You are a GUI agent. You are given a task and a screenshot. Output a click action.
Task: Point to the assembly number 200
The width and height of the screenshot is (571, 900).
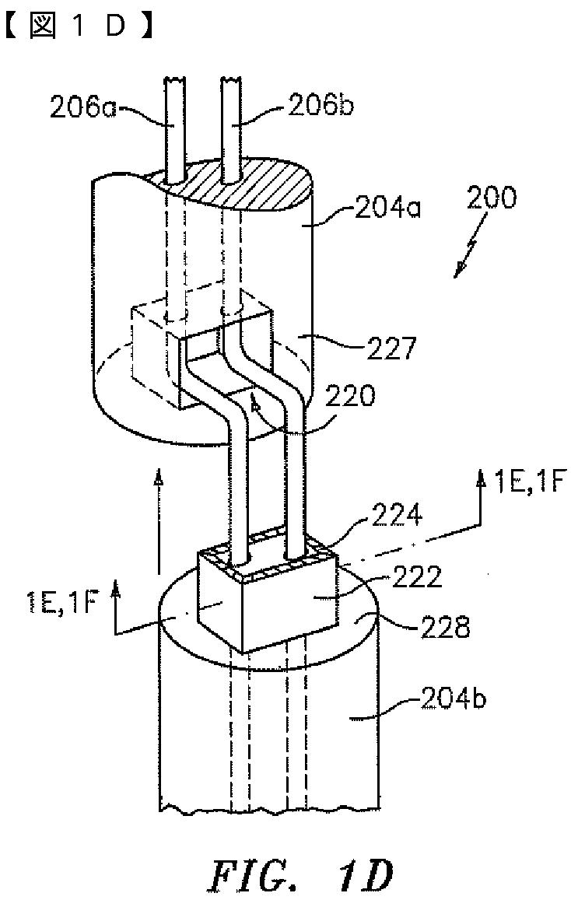click(x=491, y=198)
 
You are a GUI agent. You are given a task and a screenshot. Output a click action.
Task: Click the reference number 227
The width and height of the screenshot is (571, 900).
click(x=388, y=348)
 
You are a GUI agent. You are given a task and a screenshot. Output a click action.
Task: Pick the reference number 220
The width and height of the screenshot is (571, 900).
click(x=349, y=395)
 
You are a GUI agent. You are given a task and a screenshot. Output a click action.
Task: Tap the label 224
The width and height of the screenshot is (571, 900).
click(x=397, y=516)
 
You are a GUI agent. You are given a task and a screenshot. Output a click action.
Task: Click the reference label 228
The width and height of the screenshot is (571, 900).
click(x=443, y=628)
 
